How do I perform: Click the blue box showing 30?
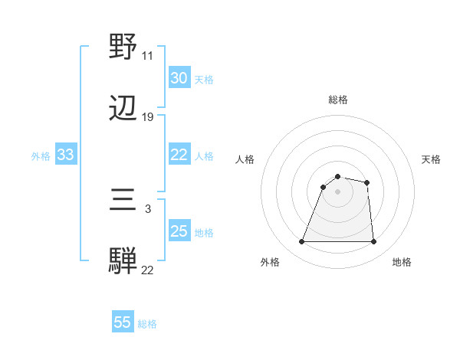click(x=179, y=78)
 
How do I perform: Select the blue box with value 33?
click(x=65, y=155)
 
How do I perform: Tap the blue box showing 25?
click(x=179, y=231)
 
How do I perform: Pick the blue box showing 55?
click(x=123, y=322)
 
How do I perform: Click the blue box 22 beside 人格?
click(x=179, y=155)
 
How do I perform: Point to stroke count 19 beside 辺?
click(x=148, y=117)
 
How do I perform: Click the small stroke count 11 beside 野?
click(x=147, y=56)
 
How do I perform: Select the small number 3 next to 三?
click(x=147, y=208)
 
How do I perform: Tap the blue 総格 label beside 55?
click(x=147, y=324)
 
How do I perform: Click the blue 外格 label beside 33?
click(x=41, y=156)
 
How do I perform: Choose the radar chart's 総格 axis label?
click(x=337, y=100)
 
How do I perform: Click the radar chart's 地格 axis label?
click(x=402, y=262)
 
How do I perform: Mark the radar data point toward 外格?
click(x=302, y=242)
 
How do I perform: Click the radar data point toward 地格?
click(x=373, y=242)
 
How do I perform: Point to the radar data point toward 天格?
click(x=367, y=182)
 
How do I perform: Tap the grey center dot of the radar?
click(x=337, y=191)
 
